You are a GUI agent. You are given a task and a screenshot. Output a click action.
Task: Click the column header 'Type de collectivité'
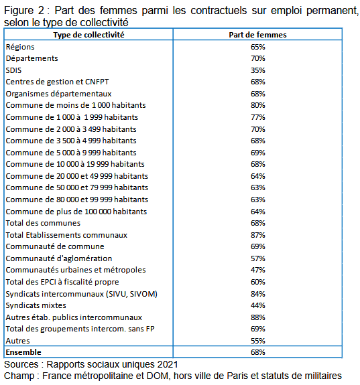(x=88, y=35)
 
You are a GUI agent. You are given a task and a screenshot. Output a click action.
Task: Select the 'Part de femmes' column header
(x=257, y=35)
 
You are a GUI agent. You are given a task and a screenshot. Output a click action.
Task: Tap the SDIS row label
(x=14, y=70)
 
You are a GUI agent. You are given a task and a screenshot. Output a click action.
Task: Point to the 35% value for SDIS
(x=258, y=70)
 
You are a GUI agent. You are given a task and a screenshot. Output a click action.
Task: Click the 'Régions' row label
(x=20, y=47)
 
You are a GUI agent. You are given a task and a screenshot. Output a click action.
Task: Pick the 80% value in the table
(x=258, y=105)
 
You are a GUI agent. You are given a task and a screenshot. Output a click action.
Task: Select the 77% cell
(x=258, y=117)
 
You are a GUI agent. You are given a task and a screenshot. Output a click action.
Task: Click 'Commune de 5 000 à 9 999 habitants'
(x=71, y=153)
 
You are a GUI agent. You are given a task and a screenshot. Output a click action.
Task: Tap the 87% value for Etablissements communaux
(x=258, y=235)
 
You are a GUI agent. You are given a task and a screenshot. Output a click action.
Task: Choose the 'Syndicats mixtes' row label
(x=36, y=305)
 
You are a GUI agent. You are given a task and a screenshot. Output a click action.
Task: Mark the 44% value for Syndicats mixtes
(x=258, y=305)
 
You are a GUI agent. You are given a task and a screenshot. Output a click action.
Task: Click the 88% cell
(x=258, y=317)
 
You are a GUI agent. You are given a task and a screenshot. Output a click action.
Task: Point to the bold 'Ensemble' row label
(x=23, y=352)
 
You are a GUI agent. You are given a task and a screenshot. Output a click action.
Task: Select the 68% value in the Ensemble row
(x=258, y=352)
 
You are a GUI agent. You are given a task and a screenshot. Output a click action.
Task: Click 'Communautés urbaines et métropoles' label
(x=76, y=270)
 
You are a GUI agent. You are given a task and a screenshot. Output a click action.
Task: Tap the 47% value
(x=258, y=270)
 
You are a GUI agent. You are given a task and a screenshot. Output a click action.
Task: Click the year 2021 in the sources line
(x=168, y=365)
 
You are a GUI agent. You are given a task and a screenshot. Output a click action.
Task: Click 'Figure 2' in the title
(x=24, y=11)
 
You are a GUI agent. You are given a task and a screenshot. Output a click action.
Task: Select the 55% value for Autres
(x=258, y=341)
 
